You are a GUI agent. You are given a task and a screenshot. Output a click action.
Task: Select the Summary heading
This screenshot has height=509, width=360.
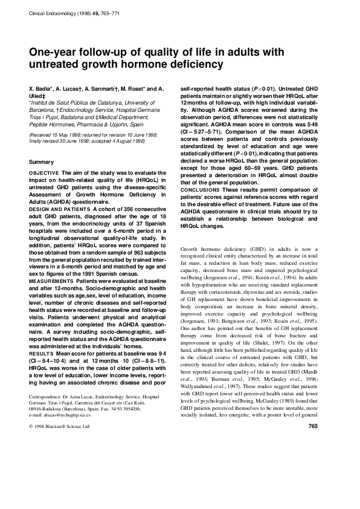point(42,163)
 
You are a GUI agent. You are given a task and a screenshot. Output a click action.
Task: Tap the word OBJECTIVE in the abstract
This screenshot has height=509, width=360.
point(44,173)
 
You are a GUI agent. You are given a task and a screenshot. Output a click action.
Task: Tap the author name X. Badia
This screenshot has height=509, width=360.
point(42,88)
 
